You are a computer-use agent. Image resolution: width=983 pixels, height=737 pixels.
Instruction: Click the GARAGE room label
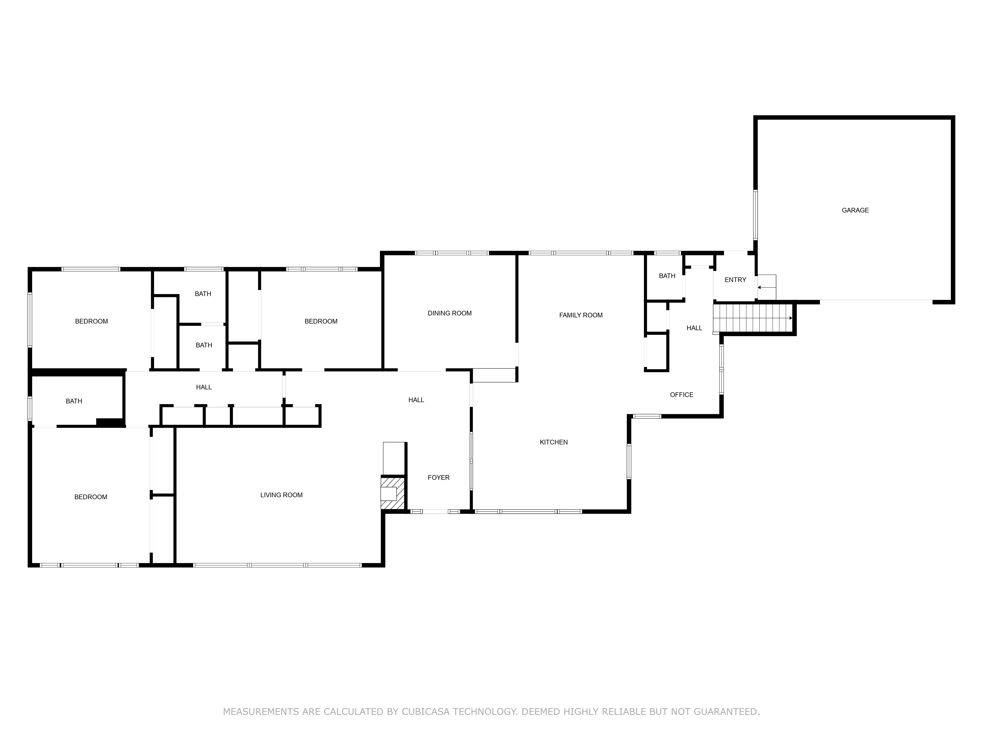pos(855,210)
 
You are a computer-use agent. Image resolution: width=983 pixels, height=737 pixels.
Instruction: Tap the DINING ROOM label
pos(449,313)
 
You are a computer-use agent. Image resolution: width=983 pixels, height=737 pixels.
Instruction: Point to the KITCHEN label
pos(553,442)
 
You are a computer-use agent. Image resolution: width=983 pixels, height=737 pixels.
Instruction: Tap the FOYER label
pos(438,478)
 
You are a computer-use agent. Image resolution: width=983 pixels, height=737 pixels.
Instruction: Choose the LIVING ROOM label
pos(281,495)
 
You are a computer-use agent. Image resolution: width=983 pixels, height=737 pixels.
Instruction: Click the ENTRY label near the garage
pos(735,280)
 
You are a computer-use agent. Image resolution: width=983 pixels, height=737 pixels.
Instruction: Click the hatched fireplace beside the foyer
pos(393,493)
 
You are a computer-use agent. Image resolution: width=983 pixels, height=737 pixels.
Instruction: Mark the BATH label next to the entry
pos(666,276)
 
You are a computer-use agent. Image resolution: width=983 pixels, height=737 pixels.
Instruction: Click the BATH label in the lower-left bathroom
pos(74,401)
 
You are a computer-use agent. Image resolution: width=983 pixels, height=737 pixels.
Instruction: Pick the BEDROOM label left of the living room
pos(91,497)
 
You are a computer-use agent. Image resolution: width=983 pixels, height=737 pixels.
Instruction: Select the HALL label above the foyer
pos(416,400)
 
